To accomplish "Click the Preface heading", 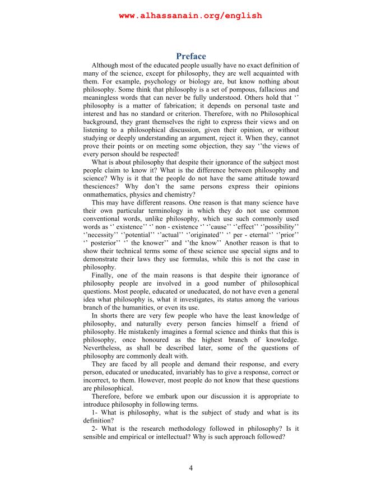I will pyautogui.click(x=190, y=56).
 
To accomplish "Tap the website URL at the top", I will pyautogui.click(x=190, y=16).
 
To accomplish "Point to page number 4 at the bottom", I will pyautogui.click(x=190, y=468).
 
